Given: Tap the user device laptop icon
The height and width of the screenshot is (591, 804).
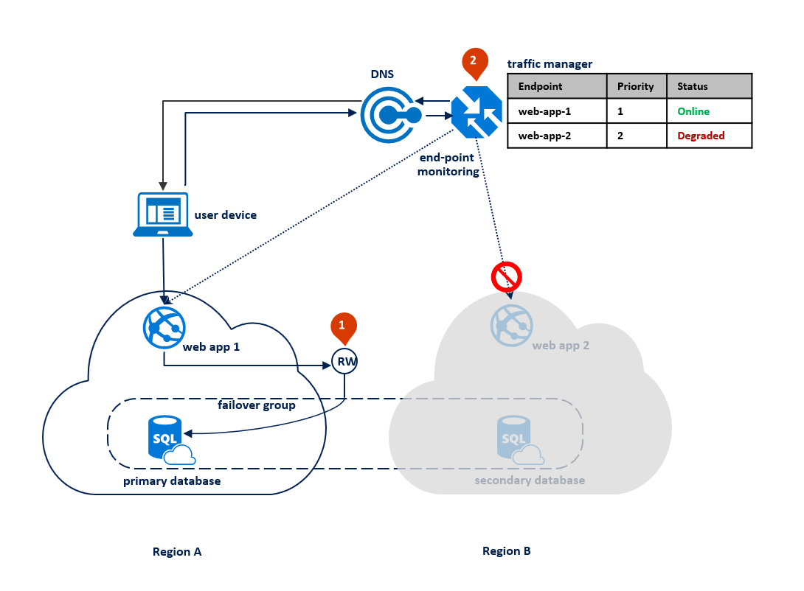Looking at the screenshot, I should pos(163,214).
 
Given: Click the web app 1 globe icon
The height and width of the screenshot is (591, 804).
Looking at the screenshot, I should pos(164,326).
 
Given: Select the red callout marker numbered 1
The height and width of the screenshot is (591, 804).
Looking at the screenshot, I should pos(342,327).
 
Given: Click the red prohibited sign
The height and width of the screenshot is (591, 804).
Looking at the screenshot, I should pos(507,277).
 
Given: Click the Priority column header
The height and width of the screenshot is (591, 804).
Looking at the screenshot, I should pos(635,86).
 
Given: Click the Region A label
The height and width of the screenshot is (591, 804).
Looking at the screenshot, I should pos(177,551).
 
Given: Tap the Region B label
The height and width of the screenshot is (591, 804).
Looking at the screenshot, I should pos(506,550).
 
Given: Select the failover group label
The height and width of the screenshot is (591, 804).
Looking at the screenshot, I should pos(256,405).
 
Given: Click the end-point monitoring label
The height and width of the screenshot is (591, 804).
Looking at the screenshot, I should pos(448,165).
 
